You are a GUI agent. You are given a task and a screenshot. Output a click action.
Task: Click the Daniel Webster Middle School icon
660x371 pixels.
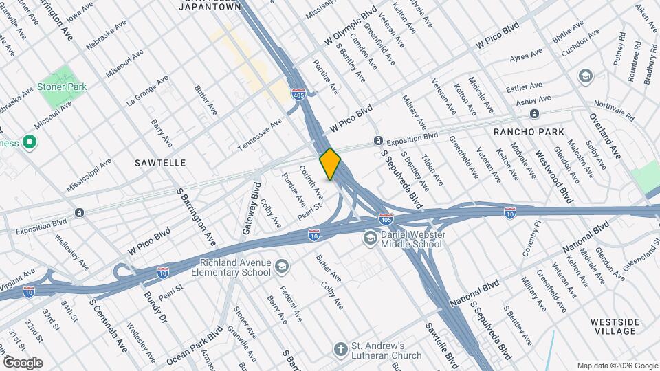click(370, 238)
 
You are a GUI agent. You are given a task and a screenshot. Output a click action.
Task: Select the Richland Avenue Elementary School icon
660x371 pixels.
click(281, 266)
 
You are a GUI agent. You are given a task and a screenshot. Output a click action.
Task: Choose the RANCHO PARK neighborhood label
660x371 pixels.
click(529, 131)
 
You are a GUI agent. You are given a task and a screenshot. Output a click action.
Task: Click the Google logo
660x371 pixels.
click(23, 362)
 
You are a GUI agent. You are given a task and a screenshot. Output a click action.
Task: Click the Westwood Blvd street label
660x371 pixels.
click(553, 177)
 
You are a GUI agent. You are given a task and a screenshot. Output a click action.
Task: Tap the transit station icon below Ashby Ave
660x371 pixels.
click(534, 113)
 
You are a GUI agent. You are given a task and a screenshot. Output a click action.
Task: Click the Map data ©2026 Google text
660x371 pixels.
click(617, 366)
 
